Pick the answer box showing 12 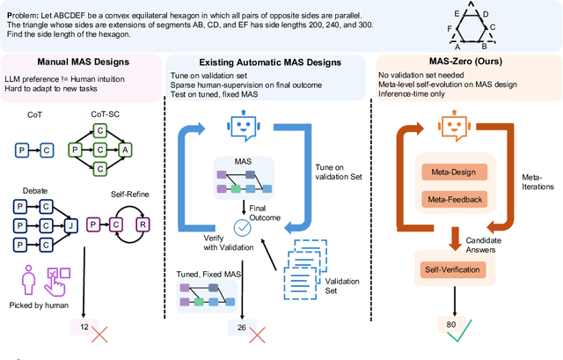(x=84, y=328)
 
